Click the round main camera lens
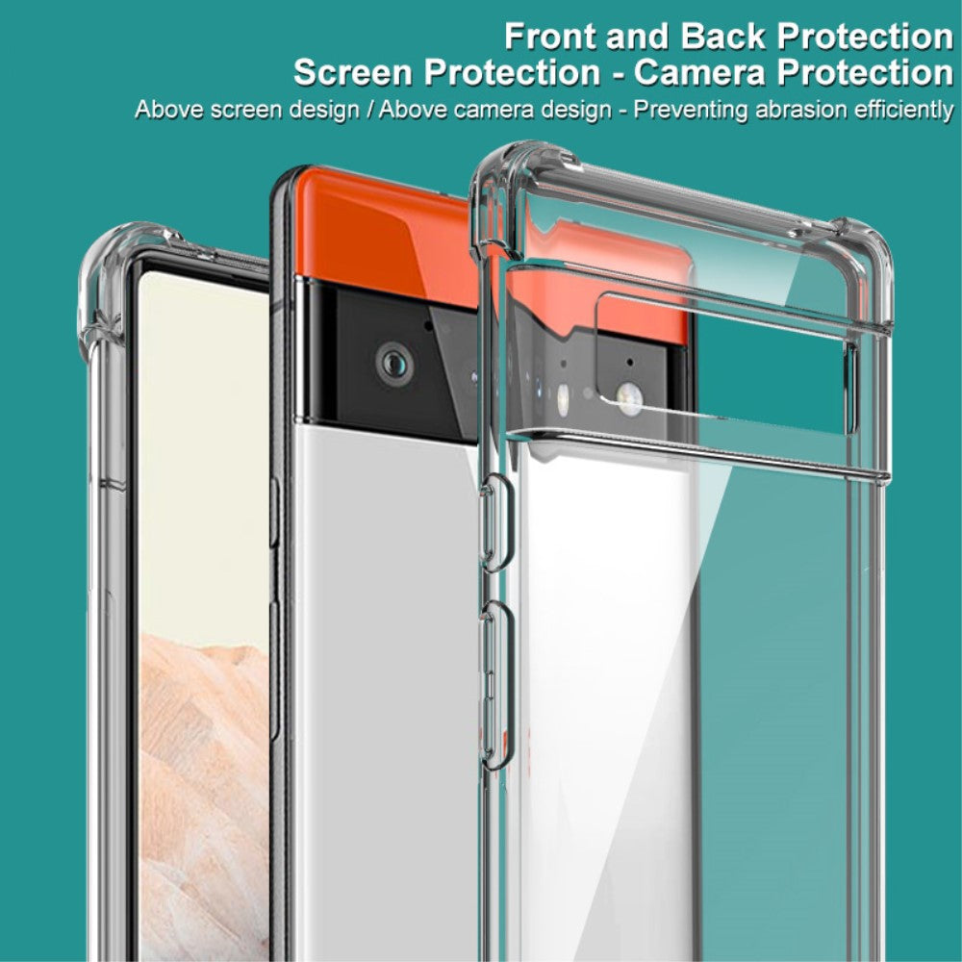pyautogui.click(x=392, y=363)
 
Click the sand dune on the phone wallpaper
pyautogui.click(x=202, y=750)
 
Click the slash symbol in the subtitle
pyautogui.click(x=370, y=109)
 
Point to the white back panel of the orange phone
pyautogui.click(x=385, y=625)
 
